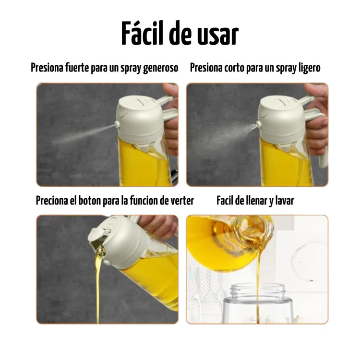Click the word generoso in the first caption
coord(160,68)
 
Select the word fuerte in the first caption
coord(77,68)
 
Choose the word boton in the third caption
coord(89,201)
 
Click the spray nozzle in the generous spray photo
coord(117,125)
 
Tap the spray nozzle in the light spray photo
coord(259,125)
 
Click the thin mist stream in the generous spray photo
coord(84,134)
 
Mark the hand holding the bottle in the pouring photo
coord(158,226)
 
